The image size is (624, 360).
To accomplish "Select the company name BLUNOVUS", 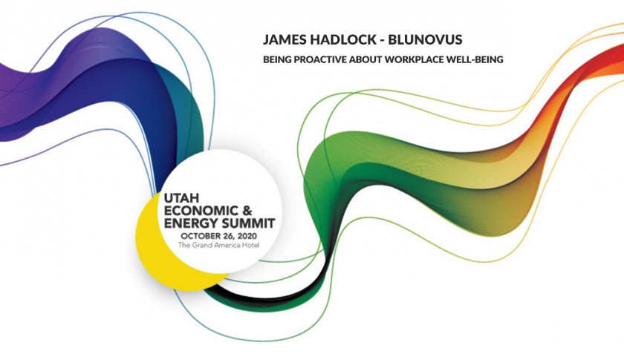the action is (425, 40).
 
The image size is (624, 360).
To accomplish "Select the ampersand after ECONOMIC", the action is (247, 210).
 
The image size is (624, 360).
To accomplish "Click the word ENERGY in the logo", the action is (189, 223).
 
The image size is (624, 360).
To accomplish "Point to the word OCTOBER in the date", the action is (199, 236).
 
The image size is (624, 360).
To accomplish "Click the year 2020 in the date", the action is (247, 236).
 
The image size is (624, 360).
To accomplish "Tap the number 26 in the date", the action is (227, 236).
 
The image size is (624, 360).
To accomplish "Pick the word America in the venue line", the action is (227, 245).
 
